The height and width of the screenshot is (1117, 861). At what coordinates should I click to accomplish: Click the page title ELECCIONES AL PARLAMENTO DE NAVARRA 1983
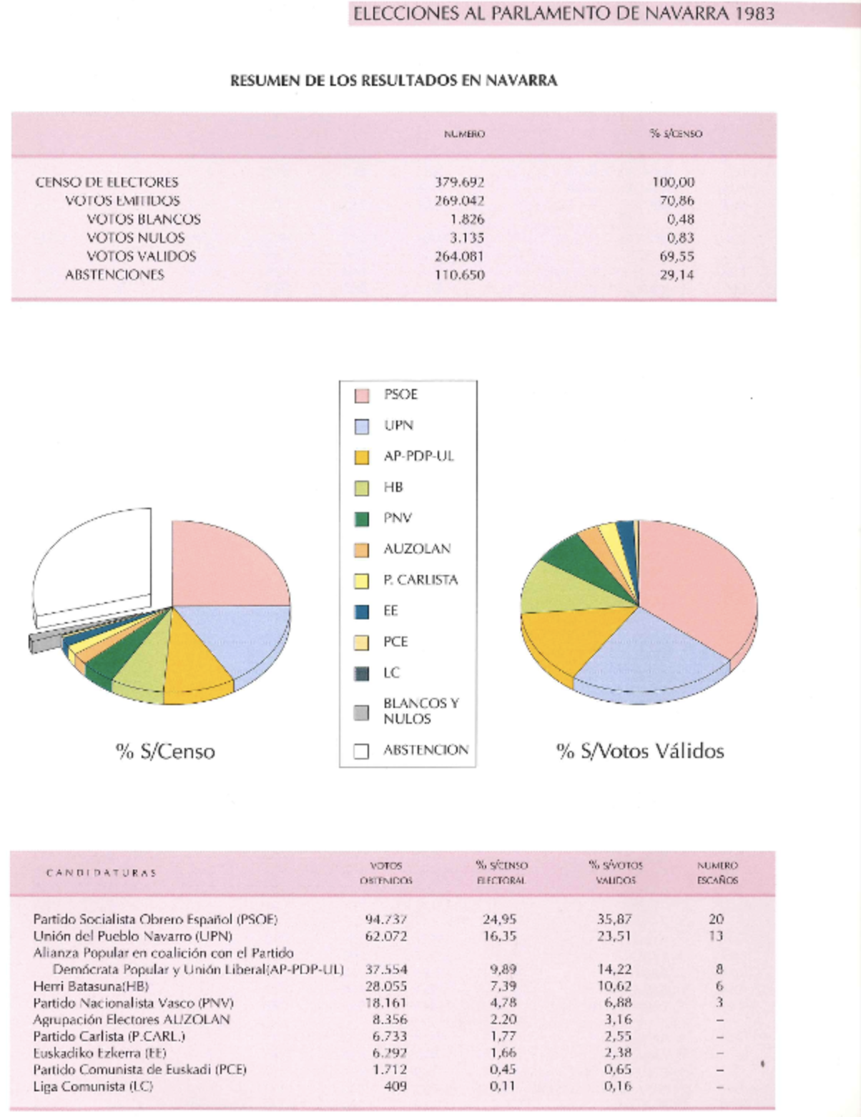pos(564,13)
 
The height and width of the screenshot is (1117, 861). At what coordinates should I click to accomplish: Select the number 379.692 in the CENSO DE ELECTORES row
pos(459,182)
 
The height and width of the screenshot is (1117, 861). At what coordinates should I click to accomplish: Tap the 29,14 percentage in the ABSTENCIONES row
pos(676,275)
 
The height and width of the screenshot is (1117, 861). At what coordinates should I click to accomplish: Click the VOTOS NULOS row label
pos(136,237)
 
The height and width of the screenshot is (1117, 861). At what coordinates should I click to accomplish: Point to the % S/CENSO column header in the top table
pos(676,134)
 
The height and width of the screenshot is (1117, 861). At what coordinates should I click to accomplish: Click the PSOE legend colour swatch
pos(362,395)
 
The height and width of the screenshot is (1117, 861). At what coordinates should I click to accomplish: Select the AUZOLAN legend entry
pos(416,549)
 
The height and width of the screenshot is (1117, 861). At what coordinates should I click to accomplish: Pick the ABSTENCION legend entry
pos(425,750)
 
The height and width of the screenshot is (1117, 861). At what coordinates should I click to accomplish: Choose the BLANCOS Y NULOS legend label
pos(420,711)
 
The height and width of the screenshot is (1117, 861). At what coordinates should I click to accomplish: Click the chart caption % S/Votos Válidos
pos(640,751)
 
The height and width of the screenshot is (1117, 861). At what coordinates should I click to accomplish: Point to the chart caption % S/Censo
pos(165,751)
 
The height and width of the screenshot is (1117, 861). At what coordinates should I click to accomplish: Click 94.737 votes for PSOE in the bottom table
pos(385,919)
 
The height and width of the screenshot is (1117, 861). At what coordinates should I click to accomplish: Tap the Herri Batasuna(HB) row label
pos(91,986)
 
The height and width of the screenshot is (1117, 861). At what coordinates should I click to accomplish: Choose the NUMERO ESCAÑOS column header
pos(717,872)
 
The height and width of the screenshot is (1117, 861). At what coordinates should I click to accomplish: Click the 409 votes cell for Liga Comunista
pos(395,1086)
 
